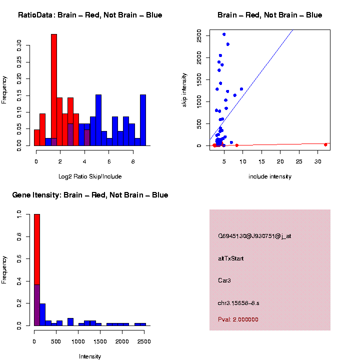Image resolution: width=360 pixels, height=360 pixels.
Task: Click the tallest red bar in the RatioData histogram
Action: (x=54, y=90)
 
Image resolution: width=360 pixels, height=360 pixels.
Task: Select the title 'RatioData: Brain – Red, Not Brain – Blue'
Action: (x=90, y=15)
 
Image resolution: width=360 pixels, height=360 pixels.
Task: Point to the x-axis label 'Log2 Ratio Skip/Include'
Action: (x=90, y=176)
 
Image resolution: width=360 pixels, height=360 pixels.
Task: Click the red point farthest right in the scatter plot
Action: (x=325, y=144)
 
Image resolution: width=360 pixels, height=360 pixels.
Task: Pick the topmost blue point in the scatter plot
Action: (x=224, y=34)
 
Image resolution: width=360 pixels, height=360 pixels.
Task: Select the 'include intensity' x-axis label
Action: (x=270, y=176)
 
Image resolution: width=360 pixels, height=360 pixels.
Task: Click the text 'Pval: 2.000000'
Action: (x=238, y=319)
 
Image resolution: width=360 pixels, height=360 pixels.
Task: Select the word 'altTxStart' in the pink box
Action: (x=230, y=258)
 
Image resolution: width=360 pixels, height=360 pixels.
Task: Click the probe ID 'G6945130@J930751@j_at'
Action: (x=254, y=236)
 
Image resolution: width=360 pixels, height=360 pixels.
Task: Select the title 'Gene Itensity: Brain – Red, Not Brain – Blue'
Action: (x=90, y=195)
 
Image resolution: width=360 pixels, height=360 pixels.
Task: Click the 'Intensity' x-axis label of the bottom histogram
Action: (x=90, y=356)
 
